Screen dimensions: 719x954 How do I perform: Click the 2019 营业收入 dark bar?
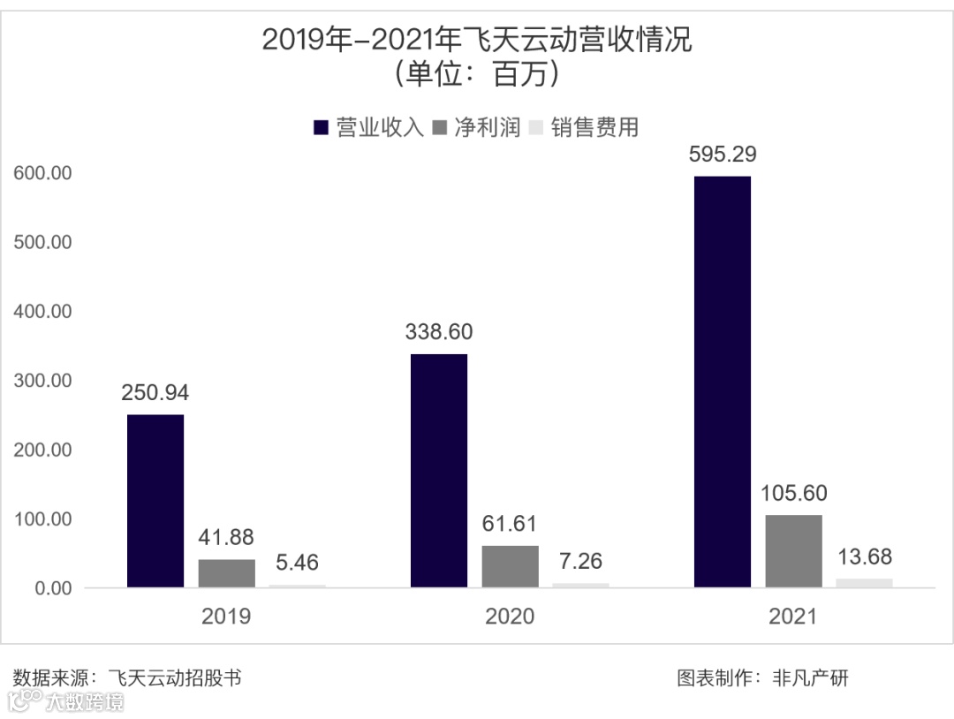(155, 501)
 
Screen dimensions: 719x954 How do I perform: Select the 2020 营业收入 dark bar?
(439, 471)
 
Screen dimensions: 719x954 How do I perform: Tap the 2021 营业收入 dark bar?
(723, 382)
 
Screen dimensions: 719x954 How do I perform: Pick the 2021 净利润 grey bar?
(793, 551)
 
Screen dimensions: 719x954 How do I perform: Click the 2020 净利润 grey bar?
(510, 566)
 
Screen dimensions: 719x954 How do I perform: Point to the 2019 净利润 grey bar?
(226, 573)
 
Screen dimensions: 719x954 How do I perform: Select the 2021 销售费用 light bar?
(864, 583)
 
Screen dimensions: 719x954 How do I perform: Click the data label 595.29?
(723, 155)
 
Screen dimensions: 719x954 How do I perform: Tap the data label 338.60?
(439, 332)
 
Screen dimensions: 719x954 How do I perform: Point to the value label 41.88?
(226, 537)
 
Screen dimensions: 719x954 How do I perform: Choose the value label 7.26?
(580, 561)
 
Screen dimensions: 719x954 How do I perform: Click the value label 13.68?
(864, 556)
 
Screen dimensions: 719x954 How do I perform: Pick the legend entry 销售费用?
(594, 127)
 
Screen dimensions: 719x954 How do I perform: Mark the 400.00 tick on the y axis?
(42, 312)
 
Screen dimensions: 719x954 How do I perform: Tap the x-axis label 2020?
(510, 616)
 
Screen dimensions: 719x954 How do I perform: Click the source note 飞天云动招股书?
(175, 678)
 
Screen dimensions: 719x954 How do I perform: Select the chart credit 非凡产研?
(810, 678)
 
